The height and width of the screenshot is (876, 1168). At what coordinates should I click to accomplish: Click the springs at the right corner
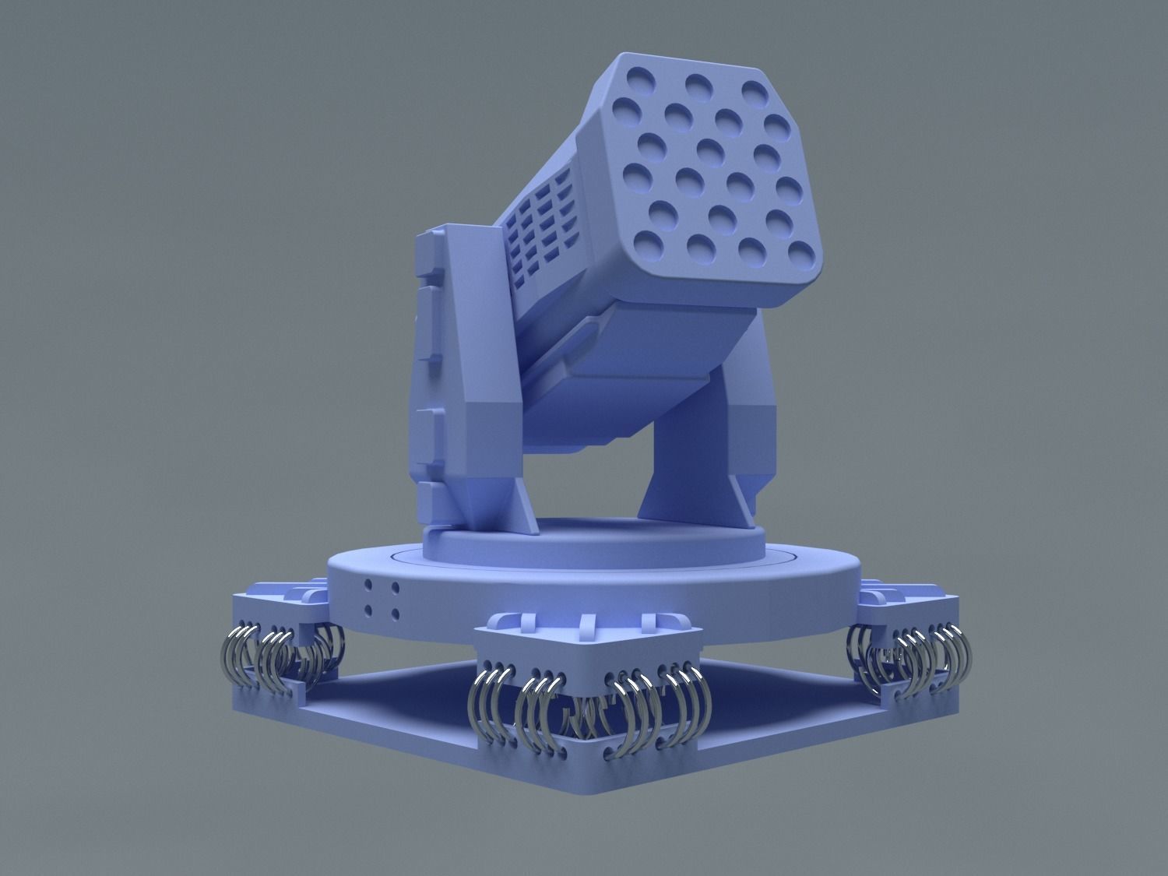[x=915, y=654]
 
